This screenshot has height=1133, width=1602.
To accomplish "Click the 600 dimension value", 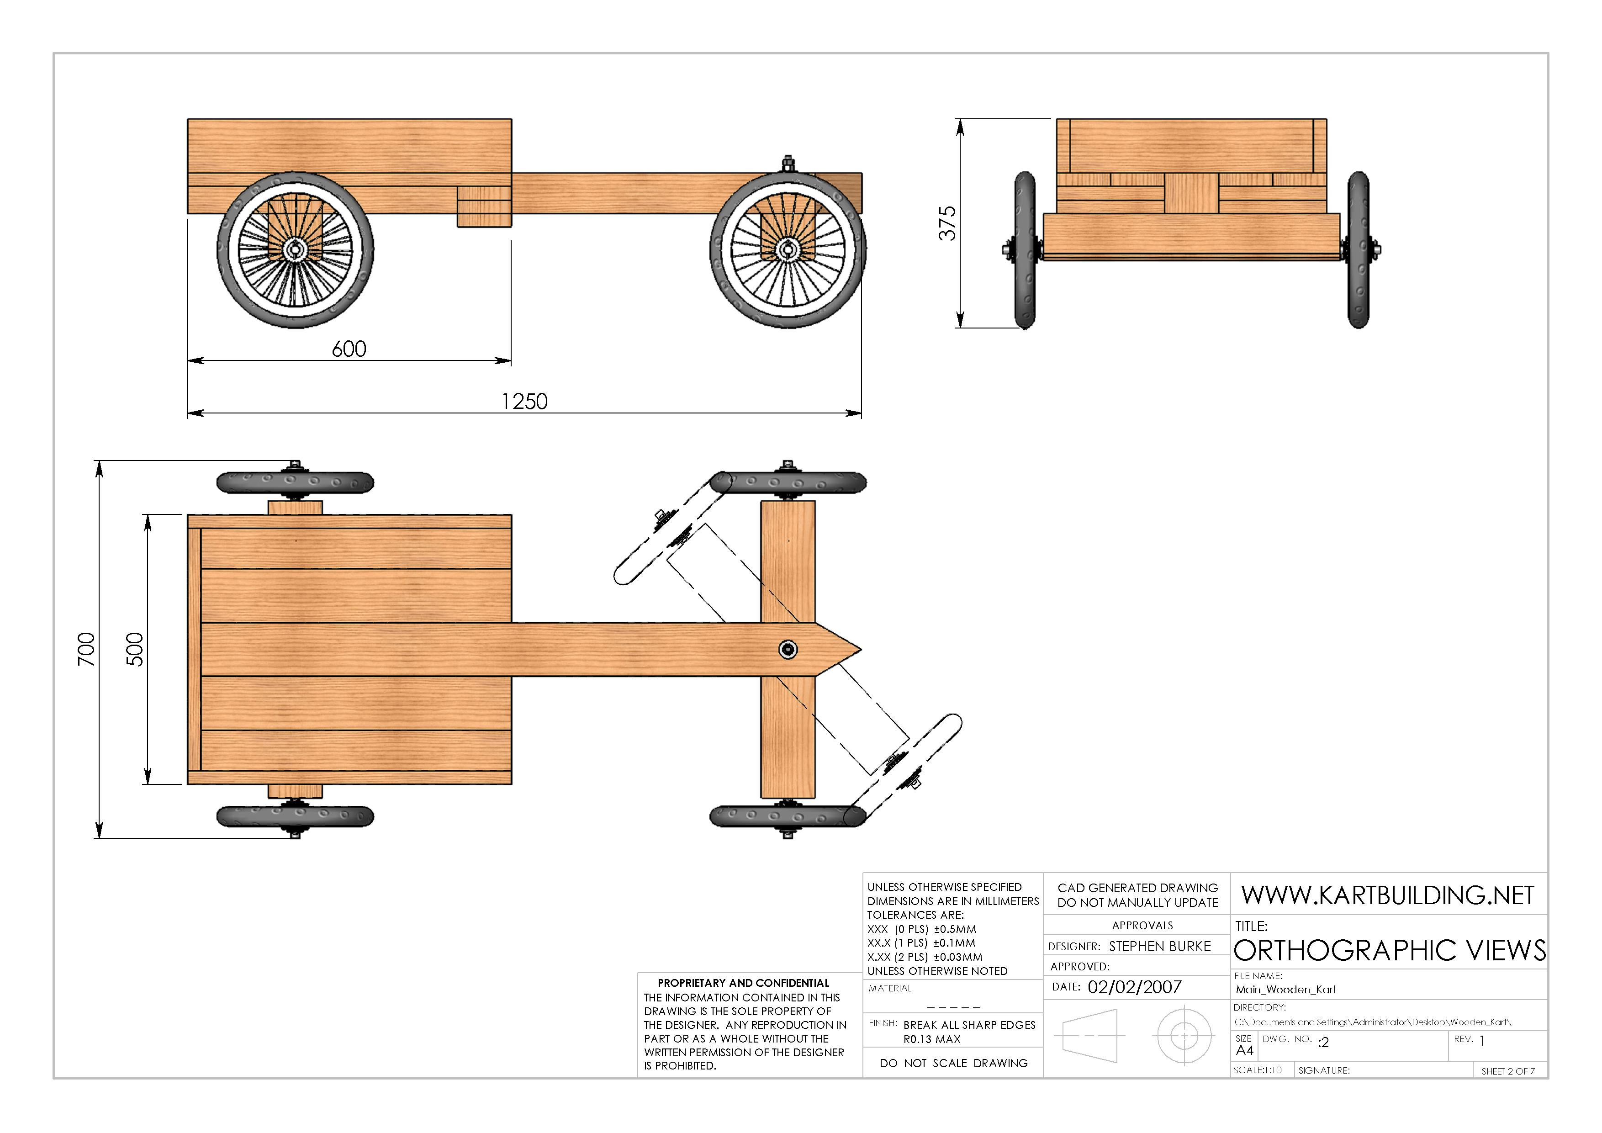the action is (349, 349).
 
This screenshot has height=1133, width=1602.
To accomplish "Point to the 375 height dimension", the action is (947, 223).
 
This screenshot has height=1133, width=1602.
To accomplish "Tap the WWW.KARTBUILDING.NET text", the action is (1387, 895).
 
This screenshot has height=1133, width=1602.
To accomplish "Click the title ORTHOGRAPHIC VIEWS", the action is (1389, 950).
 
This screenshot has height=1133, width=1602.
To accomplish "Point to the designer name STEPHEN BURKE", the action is (1160, 947).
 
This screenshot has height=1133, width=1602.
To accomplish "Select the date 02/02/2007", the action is (1135, 987).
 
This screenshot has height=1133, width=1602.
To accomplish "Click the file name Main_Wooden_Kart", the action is (1285, 989).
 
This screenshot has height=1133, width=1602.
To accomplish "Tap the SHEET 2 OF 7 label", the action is (1508, 1071).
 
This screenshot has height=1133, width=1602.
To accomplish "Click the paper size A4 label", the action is (1245, 1051).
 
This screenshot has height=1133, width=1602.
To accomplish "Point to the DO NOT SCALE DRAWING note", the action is (953, 1063).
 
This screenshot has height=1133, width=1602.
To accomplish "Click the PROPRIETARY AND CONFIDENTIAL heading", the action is (743, 983).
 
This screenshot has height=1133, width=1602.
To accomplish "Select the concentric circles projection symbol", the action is (1184, 1036).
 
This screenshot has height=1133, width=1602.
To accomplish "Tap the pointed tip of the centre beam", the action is (861, 650).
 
